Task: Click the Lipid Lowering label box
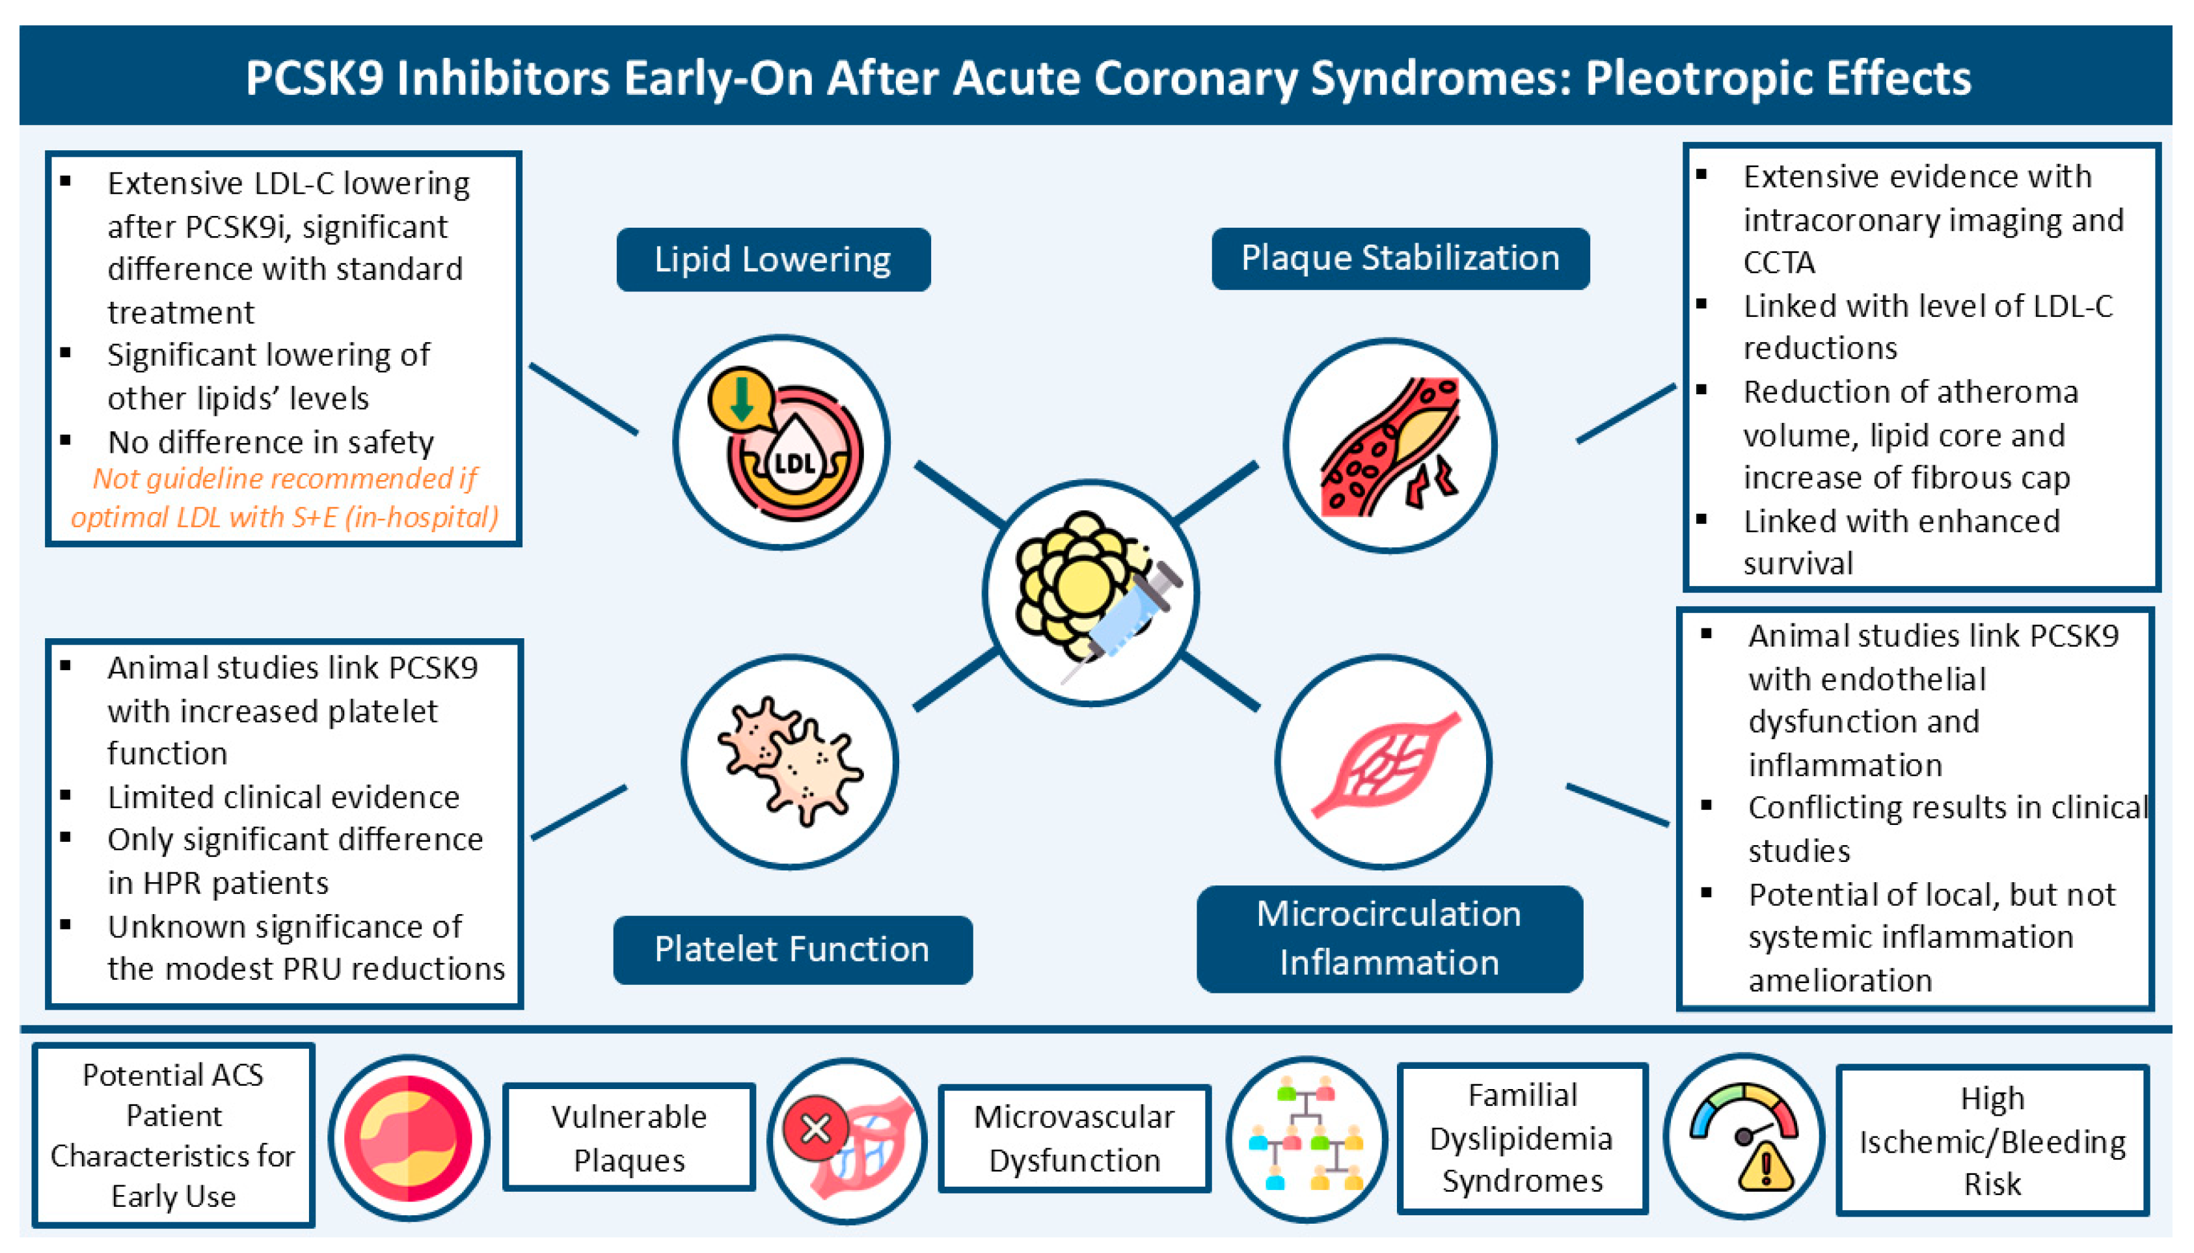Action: (x=772, y=259)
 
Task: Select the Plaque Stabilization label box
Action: (x=1400, y=258)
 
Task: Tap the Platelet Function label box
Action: (x=792, y=949)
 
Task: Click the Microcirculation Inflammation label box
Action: (x=1388, y=938)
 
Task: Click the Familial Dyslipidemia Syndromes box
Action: (x=1522, y=1138)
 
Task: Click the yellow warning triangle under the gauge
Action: (x=1765, y=1168)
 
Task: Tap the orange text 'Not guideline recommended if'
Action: (x=285, y=478)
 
